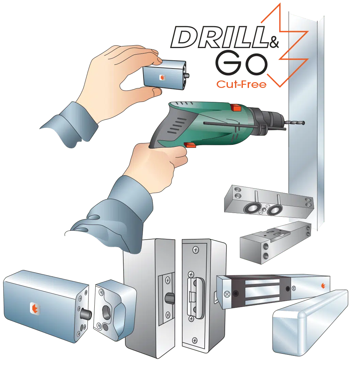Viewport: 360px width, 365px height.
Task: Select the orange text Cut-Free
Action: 241,85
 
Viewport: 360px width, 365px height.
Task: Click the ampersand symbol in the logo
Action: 274,42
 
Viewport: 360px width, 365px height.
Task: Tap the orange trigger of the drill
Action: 190,146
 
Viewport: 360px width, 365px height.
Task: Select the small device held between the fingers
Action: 166,75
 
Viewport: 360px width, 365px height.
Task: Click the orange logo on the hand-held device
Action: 162,77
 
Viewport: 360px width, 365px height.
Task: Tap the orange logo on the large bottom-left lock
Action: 35,309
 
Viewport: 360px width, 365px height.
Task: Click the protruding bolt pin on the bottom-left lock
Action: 86,315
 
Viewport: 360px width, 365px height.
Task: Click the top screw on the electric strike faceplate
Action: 195,250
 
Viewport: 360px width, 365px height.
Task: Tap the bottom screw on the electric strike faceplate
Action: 195,340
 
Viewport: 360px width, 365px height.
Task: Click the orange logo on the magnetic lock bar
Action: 323,286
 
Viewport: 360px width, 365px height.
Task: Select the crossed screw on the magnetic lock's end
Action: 227,294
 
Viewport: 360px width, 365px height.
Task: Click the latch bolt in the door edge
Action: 170,299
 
